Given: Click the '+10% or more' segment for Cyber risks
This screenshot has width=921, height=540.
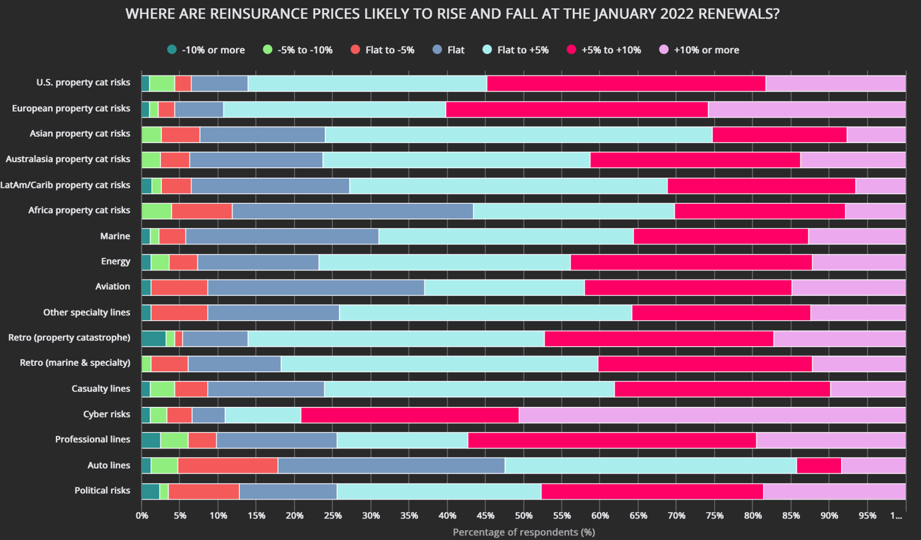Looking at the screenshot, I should [x=712, y=415].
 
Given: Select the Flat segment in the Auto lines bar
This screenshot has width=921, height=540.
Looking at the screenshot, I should [x=391, y=465].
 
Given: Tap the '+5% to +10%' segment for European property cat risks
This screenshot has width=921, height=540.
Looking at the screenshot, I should [x=577, y=109].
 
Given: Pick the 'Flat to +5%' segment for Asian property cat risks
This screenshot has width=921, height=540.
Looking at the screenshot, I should [x=518, y=134].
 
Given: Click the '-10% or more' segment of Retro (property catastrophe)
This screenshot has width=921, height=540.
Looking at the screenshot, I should [x=153, y=338].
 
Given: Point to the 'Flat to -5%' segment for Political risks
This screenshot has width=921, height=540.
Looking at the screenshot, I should [x=204, y=491].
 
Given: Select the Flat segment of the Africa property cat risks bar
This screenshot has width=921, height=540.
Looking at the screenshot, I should [x=352, y=211].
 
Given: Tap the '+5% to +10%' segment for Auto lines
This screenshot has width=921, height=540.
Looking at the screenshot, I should [x=818, y=465].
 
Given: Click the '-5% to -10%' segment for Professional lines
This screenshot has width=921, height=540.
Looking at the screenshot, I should [x=174, y=440].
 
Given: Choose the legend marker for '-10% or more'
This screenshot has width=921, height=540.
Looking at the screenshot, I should [x=172, y=50].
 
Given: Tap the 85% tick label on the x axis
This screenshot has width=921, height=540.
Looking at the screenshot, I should [x=791, y=515].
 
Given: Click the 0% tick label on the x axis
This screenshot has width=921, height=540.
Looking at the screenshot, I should [x=142, y=515].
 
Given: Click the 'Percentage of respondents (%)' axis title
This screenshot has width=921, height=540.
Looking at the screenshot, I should [x=524, y=532].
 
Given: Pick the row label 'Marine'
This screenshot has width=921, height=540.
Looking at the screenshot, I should [x=115, y=236].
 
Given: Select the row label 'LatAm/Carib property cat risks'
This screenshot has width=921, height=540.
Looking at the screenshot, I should [x=65, y=185].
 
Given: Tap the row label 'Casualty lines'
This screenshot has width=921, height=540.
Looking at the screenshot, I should [x=101, y=389].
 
